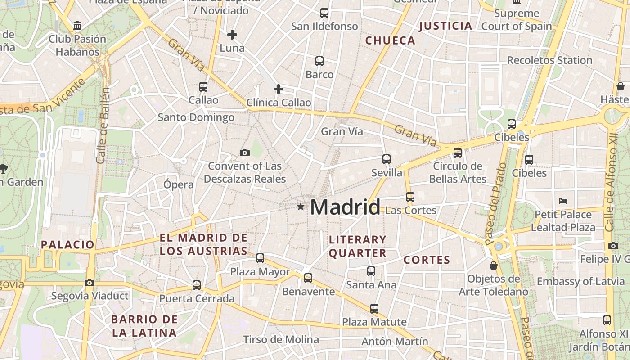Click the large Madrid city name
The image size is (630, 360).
point(345,207)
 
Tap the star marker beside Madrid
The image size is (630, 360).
point(301,207)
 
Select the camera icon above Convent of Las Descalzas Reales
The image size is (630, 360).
point(245,153)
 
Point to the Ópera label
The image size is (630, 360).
point(179,184)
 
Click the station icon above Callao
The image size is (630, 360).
point(203,86)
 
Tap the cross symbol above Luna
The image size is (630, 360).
point(232,35)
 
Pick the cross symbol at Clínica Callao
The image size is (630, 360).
point(279,89)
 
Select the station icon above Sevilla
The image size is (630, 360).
point(387,159)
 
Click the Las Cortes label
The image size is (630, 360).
point(411,210)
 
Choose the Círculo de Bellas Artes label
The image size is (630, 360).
point(458,172)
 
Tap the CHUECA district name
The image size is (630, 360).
point(390,40)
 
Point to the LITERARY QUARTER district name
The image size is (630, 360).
point(358,246)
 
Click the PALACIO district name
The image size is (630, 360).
point(67,245)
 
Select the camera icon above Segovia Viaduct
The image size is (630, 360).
point(90,283)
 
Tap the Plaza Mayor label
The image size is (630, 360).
point(260,272)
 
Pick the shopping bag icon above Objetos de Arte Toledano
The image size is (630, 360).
point(494,265)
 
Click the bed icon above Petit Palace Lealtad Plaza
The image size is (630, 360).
point(563,201)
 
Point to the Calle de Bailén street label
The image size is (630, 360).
point(103,126)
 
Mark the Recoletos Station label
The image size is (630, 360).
point(549,60)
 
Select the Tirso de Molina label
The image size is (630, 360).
point(281,339)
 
